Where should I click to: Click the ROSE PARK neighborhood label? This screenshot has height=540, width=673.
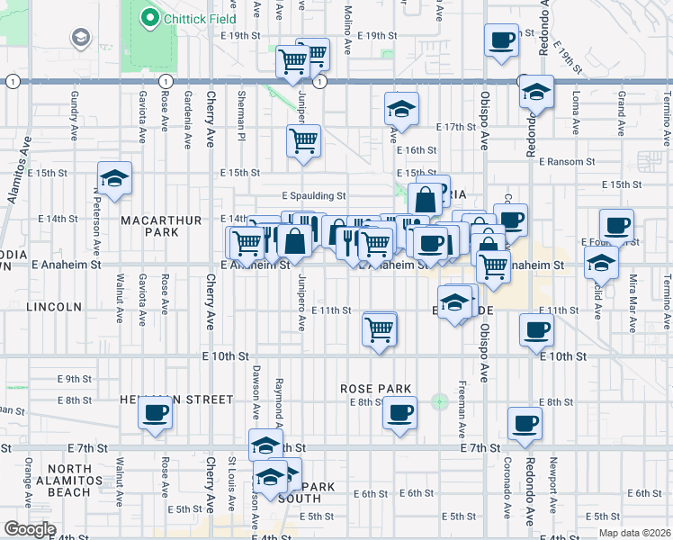coord(376,389)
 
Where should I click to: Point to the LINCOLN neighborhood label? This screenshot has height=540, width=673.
coord(54,307)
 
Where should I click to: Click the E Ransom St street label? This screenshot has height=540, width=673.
coord(567,161)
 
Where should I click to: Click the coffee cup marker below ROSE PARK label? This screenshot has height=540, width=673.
coord(399,413)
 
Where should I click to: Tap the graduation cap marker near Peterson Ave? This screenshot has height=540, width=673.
coord(115,178)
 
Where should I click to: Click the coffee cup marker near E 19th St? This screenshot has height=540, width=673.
coord(501,40)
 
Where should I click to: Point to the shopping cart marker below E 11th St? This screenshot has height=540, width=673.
coord(380,329)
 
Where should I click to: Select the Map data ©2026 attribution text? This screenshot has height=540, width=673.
coord(633,533)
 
